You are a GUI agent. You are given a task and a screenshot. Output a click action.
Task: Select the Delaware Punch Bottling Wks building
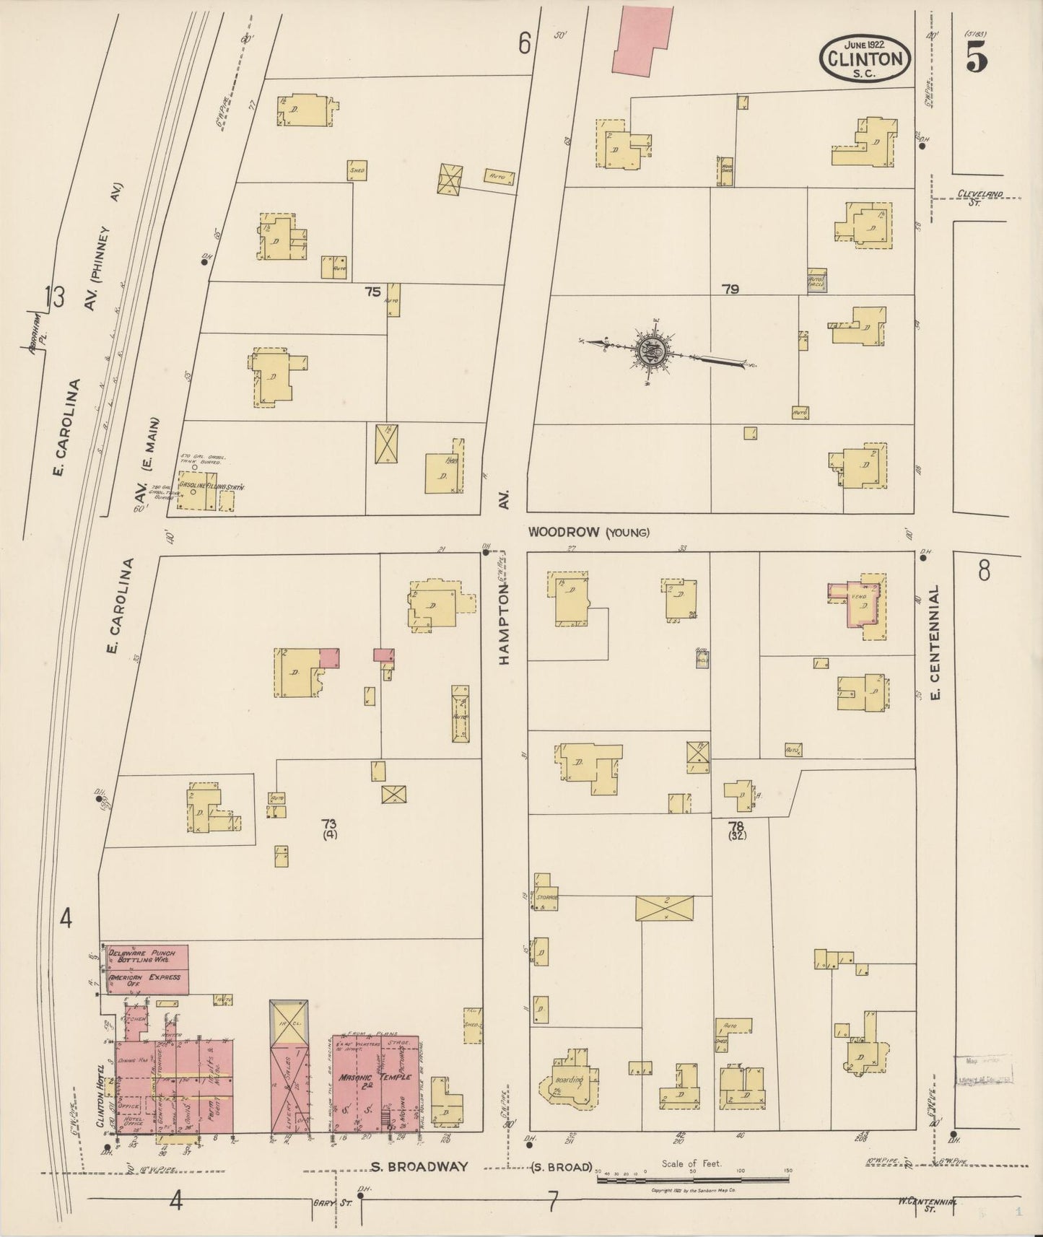pos(145,958)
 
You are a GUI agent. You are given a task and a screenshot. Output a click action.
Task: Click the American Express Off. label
pos(145,980)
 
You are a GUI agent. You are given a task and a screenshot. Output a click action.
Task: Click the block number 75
pos(372,292)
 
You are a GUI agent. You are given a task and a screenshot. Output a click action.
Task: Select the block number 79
pos(730,289)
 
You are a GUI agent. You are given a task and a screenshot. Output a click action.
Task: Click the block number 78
pos(736,826)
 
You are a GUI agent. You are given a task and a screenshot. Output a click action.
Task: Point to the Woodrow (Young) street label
pos(588,533)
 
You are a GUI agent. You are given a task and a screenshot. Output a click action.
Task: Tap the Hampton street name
pos(504,624)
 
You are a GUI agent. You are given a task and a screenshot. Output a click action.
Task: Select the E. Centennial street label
pos(935,642)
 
